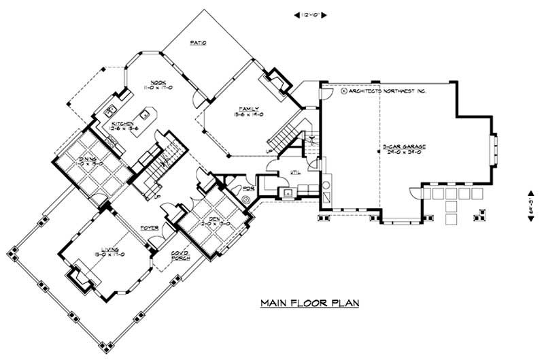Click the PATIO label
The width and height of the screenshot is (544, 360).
(197, 44)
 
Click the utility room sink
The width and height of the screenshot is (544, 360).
(289, 193)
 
